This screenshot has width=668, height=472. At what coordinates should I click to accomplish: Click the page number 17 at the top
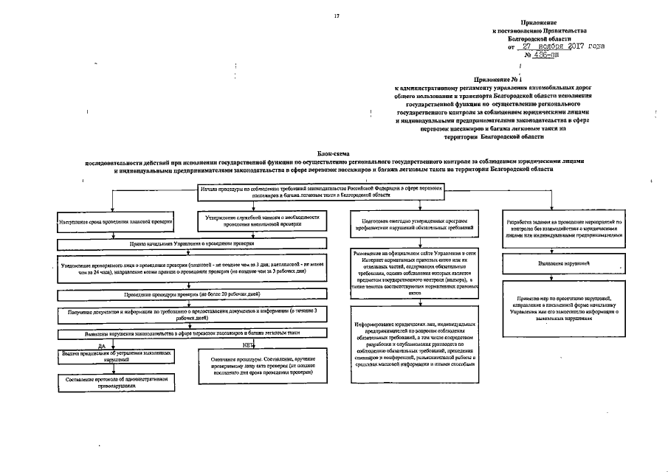point(337,16)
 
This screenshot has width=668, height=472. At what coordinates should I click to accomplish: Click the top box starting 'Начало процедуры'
point(323,192)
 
